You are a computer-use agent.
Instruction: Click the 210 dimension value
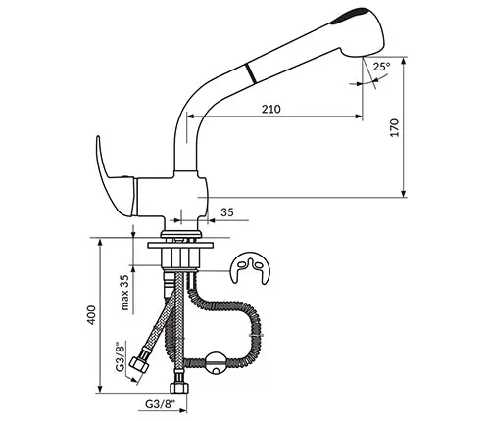click(270, 109)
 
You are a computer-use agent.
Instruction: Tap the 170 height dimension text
click(395, 127)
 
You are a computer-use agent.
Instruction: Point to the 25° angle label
click(382, 67)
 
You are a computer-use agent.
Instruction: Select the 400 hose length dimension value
click(92, 314)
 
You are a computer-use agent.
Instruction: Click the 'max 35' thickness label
click(125, 292)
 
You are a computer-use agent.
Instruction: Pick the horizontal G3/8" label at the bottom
click(161, 404)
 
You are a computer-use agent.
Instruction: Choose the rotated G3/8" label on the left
click(121, 356)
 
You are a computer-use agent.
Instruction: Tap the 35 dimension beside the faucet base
click(227, 212)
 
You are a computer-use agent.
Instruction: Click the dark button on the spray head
click(350, 15)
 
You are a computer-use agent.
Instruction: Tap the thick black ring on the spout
click(250, 73)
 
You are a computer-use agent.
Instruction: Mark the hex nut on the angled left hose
click(139, 364)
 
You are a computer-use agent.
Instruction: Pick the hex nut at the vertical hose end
click(179, 388)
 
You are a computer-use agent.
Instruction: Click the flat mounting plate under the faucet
click(180, 245)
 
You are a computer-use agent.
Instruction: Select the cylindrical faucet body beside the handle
click(171, 196)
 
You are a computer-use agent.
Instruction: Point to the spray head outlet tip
click(363, 57)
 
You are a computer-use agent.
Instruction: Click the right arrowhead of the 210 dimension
click(359, 116)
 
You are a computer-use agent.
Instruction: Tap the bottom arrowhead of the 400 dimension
click(100, 389)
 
